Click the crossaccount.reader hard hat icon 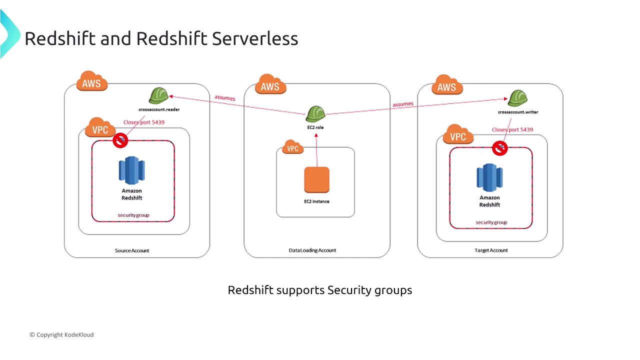click(x=159, y=95)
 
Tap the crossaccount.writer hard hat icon click(x=517, y=98)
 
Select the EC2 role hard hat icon click(x=316, y=113)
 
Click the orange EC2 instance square click(x=316, y=180)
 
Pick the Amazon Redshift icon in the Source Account click(x=131, y=170)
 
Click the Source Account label click(x=132, y=250)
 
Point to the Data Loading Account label click(x=312, y=250)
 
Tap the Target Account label click(x=490, y=250)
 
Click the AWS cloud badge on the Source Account click(x=91, y=82)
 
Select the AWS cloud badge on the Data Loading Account click(x=270, y=85)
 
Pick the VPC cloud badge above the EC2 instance click(x=292, y=148)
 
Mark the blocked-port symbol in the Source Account click(x=120, y=140)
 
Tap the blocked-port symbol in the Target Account click(x=499, y=147)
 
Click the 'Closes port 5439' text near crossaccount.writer click(x=512, y=129)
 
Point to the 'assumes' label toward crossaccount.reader click(x=224, y=97)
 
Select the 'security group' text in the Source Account click(x=133, y=215)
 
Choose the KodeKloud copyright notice click(x=61, y=334)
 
